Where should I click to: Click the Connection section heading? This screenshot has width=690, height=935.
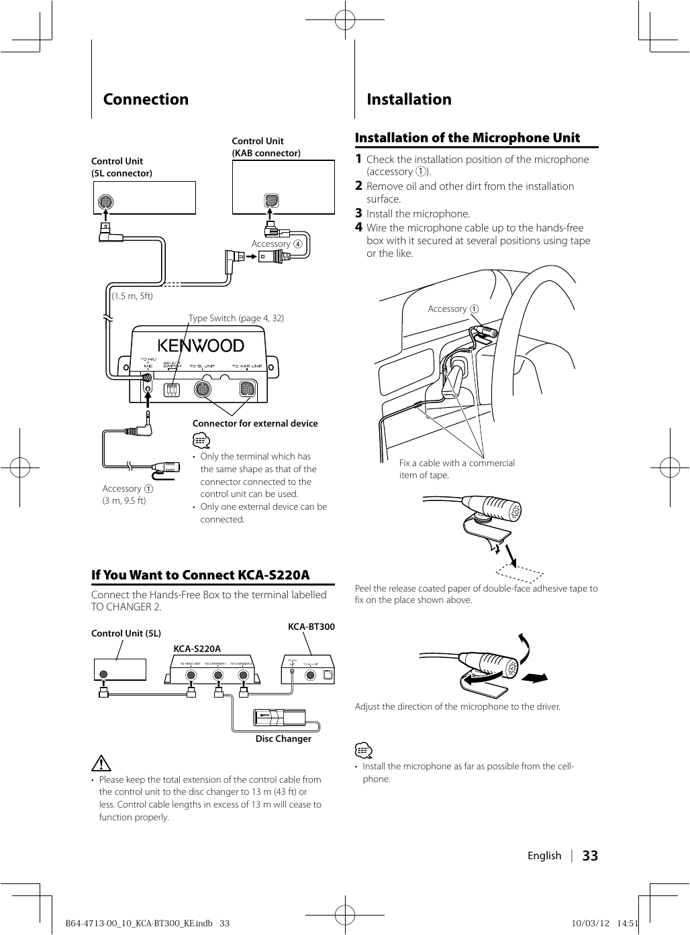tap(146, 99)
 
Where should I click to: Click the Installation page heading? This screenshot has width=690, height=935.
tap(409, 99)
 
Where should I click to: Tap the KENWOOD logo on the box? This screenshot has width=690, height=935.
tap(201, 345)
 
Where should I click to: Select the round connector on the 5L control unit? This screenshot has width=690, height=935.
tap(105, 201)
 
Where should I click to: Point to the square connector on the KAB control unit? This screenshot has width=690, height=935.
tap(270, 201)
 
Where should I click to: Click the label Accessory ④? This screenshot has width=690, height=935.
tap(277, 244)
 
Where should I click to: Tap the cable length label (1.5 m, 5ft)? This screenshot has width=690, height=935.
tap(132, 296)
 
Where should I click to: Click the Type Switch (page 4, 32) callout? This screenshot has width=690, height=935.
tap(236, 318)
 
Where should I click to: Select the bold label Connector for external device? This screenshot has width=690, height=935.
tap(255, 423)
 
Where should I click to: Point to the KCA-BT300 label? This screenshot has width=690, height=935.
tap(311, 626)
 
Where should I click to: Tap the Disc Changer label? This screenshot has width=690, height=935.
tap(283, 738)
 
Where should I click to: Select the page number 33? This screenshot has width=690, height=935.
tap(590, 856)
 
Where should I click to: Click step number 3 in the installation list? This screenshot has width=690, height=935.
tap(358, 213)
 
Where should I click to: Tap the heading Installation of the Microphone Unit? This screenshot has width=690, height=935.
tap(467, 137)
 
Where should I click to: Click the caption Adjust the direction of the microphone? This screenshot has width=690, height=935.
tap(457, 706)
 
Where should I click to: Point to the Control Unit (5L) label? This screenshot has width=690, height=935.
tap(126, 633)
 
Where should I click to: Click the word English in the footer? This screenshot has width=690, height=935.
tap(544, 856)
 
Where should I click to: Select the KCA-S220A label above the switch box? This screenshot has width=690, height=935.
tap(197, 649)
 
